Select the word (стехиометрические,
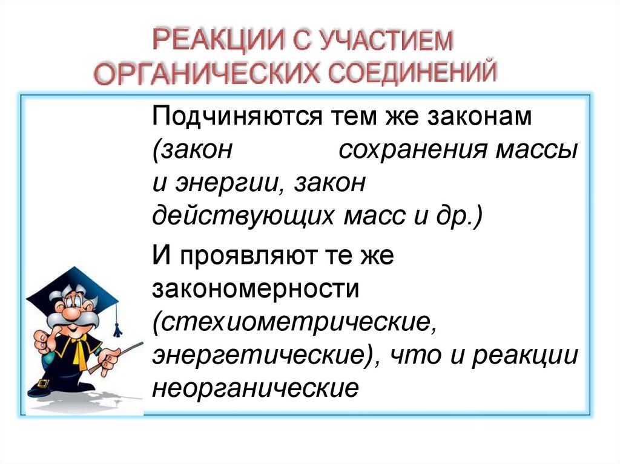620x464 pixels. [x=294, y=321]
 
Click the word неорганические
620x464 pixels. [x=255, y=388]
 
